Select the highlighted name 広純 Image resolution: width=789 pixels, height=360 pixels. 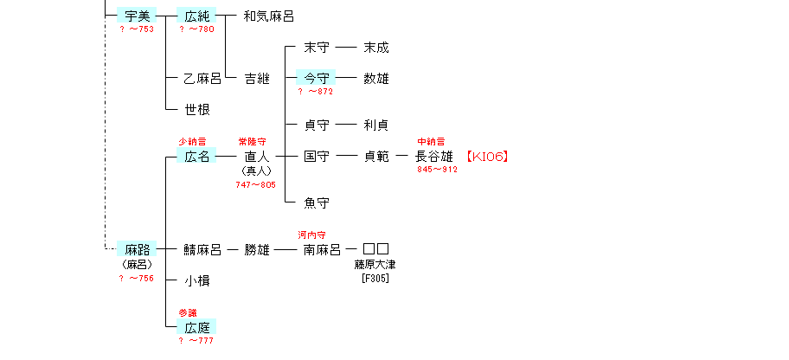click(x=196, y=16)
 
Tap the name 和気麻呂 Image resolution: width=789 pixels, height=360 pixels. click(x=268, y=16)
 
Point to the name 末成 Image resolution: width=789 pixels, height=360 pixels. click(x=376, y=48)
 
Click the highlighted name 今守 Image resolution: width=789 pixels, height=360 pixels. click(x=316, y=79)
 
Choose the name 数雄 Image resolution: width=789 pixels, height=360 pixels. click(x=376, y=79)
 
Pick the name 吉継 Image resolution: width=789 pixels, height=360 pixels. click(x=257, y=79)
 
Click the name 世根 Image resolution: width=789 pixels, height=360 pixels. click(x=197, y=110)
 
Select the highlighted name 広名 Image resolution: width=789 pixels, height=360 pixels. click(x=196, y=157)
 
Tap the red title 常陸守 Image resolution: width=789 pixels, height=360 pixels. click(x=252, y=141)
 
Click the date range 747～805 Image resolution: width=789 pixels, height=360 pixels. click(x=255, y=184)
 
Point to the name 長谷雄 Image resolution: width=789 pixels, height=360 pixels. click(x=434, y=157)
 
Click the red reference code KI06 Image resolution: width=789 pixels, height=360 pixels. click(x=486, y=157)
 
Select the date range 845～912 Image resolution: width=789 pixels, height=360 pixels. click(x=437, y=169)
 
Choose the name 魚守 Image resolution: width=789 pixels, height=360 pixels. click(x=317, y=203)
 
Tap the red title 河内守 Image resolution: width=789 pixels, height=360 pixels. click(x=311, y=235)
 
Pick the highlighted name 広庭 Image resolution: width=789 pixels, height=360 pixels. click(x=196, y=328)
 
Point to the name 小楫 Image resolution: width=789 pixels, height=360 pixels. click(x=197, y=281)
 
